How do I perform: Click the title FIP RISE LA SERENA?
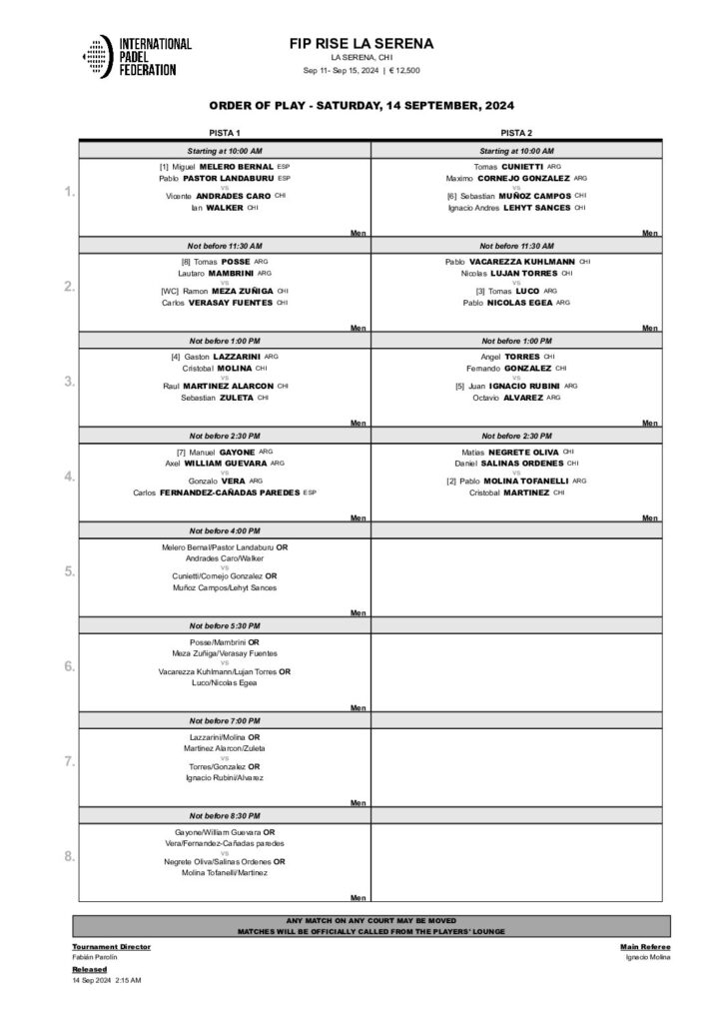(361, 43)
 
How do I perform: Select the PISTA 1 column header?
(224, 133)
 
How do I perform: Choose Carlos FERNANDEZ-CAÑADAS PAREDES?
(224, 493)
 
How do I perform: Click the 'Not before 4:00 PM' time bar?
(224, 530)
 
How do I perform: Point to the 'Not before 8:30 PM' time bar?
(224, 815)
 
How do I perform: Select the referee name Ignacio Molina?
(648, 957)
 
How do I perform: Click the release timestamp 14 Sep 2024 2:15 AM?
(107, 981)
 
